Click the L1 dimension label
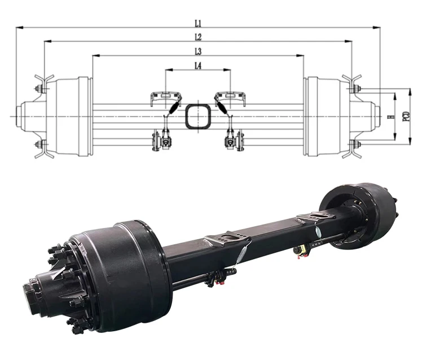click(198, 23)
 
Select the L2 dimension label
click(198, 37)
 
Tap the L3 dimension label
click(198, 51)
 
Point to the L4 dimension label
click(198, 66)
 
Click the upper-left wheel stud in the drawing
click(39, 88)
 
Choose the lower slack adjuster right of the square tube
click(231, 139)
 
